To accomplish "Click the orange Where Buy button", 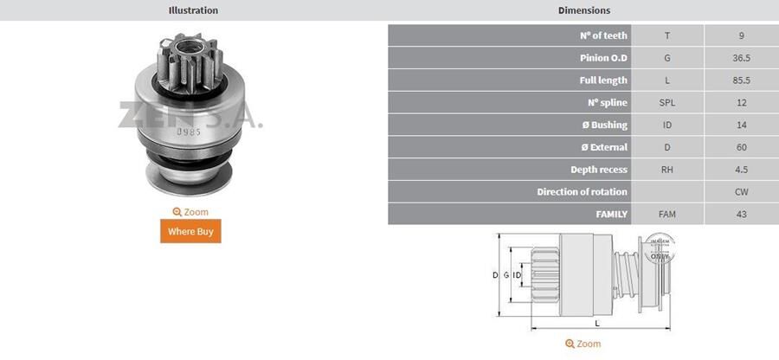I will [190, 231].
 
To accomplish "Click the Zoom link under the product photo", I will [190, 212].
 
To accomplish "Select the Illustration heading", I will [192, 10].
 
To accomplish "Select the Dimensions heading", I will [583, 10].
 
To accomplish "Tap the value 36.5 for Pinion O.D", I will [741, 58].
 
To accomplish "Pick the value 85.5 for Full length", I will [741, 80].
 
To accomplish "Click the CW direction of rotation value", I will [741, 192].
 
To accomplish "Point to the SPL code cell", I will [666, 103].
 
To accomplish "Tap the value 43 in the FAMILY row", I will [741, 214].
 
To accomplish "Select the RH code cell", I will [666, 170].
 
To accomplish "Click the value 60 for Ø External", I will [741, 147].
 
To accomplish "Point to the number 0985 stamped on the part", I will [189, 132].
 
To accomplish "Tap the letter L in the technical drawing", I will [597, 324].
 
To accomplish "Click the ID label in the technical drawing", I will [517, 275].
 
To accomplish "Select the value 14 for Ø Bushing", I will [741, 125].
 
